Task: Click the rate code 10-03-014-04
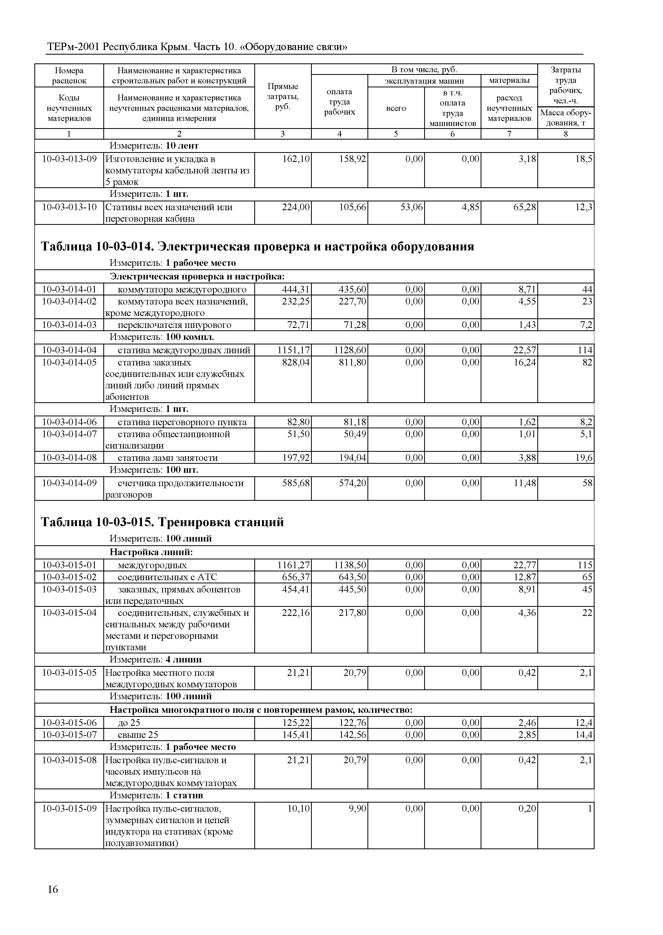[x=69, y=350]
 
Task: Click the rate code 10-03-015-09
[x=69, y=809]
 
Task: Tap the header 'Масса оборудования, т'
[x=566, y=118]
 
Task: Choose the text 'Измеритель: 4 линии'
[x=155, y=660]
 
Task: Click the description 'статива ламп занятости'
[x=167, y=458]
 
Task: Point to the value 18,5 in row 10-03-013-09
[x=583, y=159]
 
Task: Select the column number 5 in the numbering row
[x=396, y=134]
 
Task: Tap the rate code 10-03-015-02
[x=69, y=577]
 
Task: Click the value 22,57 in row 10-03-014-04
[x=525, y=350]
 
